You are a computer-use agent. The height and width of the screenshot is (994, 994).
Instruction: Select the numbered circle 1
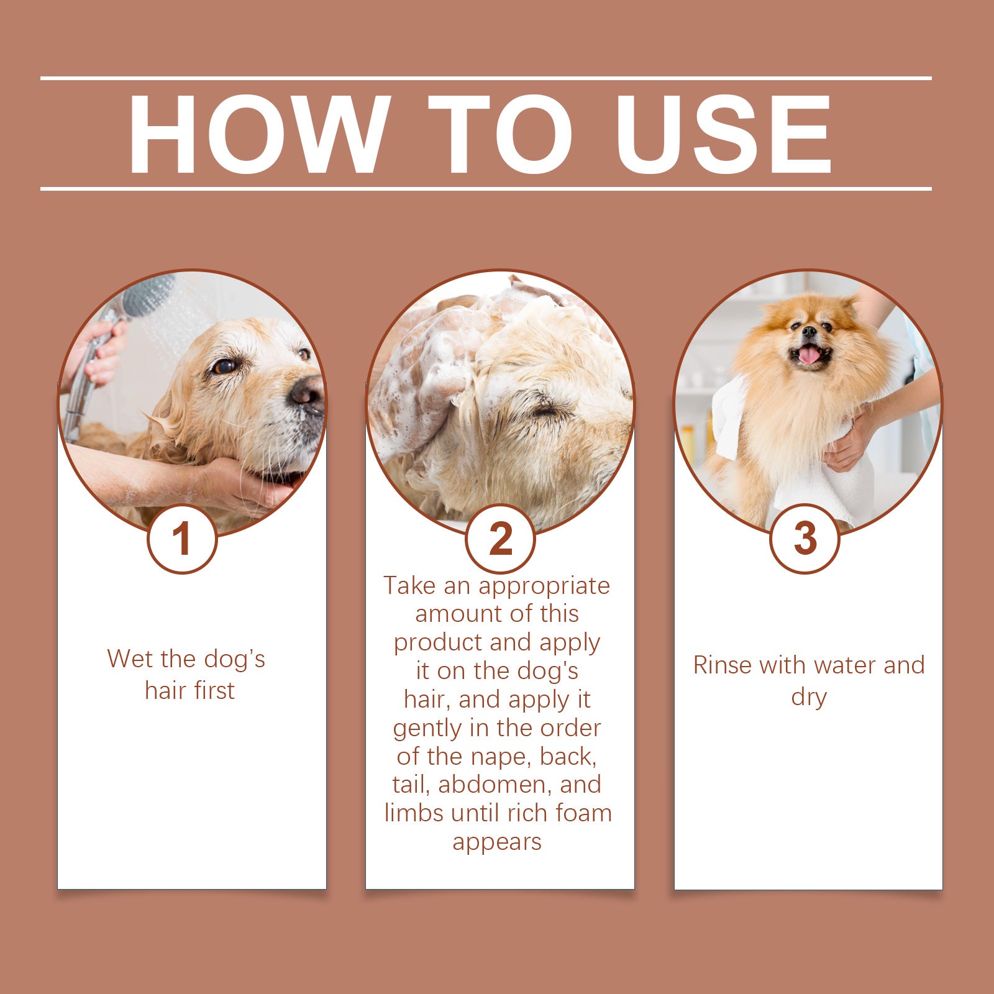[182, 539]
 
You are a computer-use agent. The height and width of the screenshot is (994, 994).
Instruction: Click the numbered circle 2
[500, 539]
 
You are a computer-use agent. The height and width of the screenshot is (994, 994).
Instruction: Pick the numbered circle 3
[805, 539]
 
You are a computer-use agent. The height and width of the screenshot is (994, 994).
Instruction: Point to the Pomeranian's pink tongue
[809, 355]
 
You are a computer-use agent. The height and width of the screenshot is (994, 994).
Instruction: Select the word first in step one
[214, 691]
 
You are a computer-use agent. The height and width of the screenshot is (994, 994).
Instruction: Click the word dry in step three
[808, 697]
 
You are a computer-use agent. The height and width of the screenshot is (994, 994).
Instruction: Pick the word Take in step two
[407, 586]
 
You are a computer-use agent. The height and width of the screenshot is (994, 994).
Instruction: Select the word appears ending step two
[497, 842]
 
